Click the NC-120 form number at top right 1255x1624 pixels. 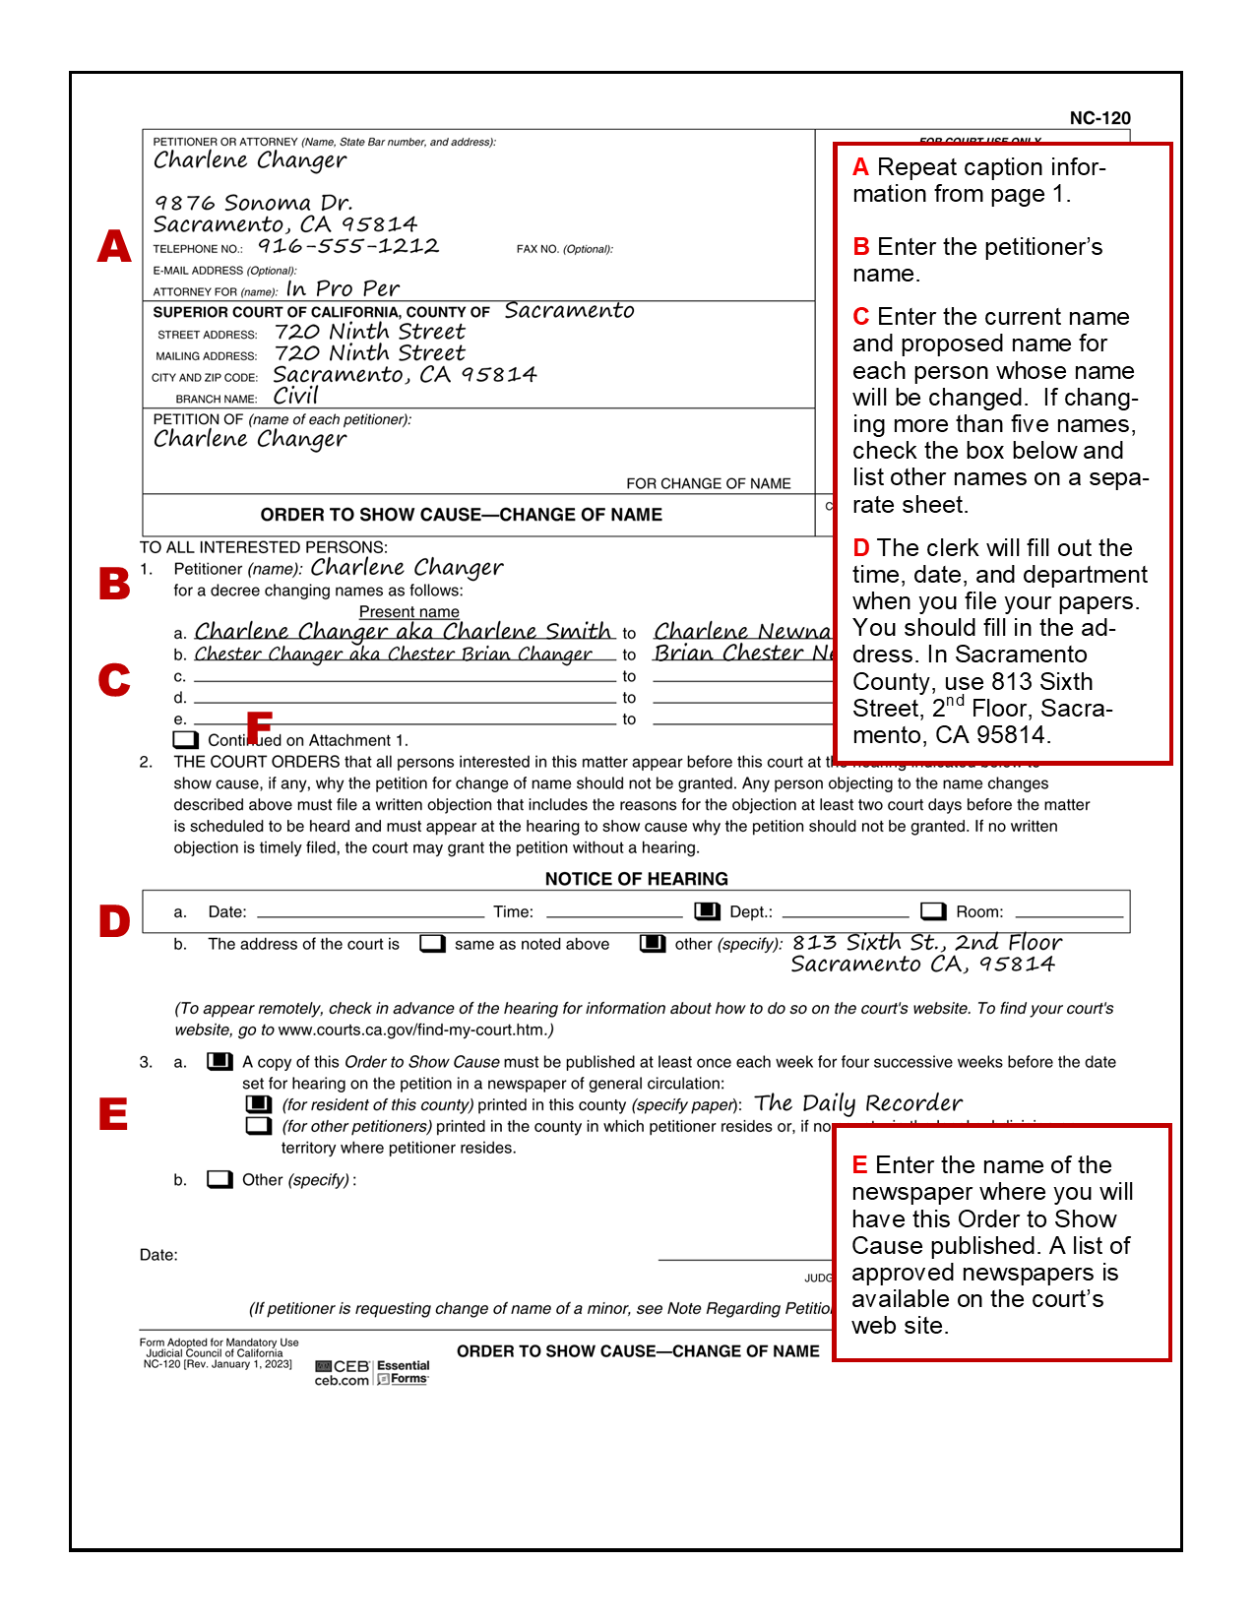tap(1099, 118)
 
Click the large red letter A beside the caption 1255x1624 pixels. tap(114, 246)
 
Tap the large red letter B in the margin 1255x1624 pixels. tap(114, 584)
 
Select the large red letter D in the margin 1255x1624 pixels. tap(114, 921)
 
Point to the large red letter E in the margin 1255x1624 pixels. tap(113, 1114)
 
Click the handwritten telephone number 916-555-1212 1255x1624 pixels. tap(348, 246)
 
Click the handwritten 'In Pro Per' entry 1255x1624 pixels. tap(343, 289)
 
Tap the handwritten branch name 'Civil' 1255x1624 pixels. tap(296, 396)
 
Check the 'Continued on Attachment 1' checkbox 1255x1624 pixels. tap(185, 740)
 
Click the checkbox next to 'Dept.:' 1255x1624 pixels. tap(707, 911)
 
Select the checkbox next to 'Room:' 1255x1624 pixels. tap(933, 911)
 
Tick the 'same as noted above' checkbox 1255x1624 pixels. tap(432, 944)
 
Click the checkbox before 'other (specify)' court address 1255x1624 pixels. tap(653, 944)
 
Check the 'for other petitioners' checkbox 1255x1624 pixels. tap(259, 1126)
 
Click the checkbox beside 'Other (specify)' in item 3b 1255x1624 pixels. tap(220, 1179)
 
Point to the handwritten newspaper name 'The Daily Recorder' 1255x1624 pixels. tap(858, 1103)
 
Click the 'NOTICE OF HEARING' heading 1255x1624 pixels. tap(637, 879)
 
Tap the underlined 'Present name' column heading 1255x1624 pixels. tap(408, 612)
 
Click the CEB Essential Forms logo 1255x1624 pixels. tap(372, 1372)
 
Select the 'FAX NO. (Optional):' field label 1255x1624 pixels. tap(565, 249)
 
